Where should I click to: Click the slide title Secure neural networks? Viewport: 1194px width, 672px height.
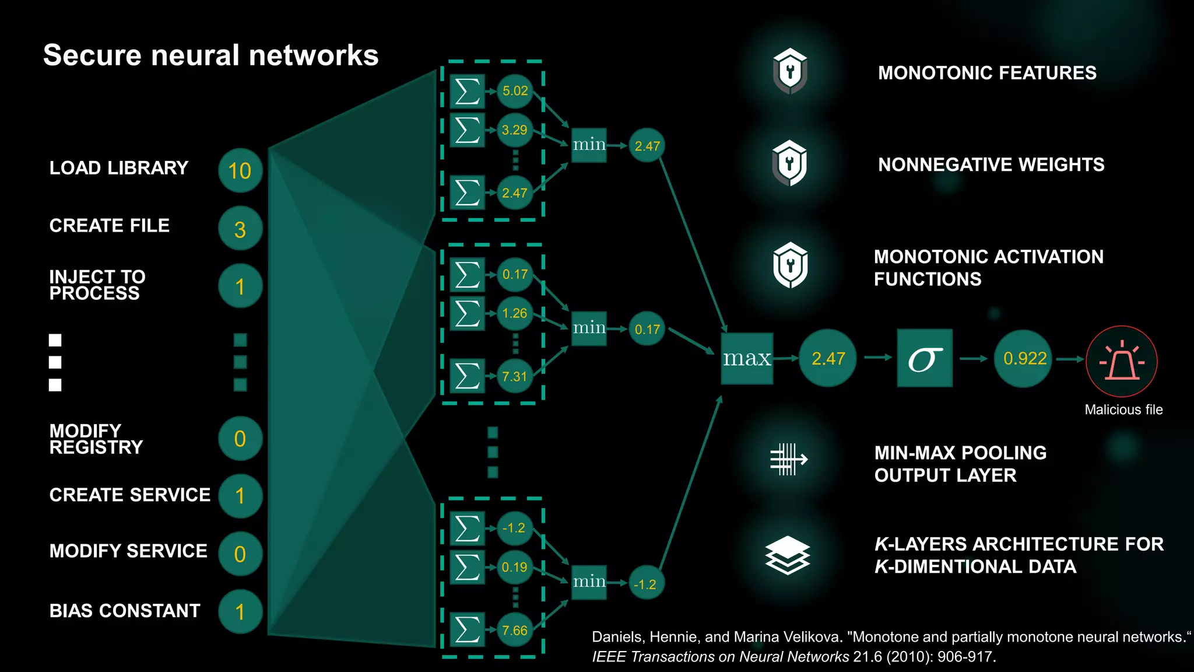click(210, 56)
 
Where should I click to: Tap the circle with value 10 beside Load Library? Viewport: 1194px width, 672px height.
click(240, 170)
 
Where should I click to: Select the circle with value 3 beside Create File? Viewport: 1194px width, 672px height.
click(240, 229)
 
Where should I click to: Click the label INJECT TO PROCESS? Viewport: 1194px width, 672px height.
click(97, 285)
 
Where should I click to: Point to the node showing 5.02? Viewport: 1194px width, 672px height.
click(515, 91)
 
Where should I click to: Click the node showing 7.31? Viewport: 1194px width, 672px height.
click(514, 376)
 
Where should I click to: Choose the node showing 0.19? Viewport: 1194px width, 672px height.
click(514, 567)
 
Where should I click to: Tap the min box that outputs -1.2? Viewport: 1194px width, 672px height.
click(589, 582)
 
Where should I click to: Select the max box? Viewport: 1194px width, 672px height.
click(747, 358)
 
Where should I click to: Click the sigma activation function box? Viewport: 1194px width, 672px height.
click(925, 358)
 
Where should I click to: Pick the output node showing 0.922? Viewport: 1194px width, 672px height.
click(1024, 358)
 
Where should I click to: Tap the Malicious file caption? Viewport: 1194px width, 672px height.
click(1123, 410)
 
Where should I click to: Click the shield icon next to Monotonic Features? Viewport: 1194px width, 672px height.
click(790, 71)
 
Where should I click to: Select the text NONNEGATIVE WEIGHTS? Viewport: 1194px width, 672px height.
click(991, 165)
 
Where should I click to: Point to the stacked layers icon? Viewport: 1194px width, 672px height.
click(787, 555)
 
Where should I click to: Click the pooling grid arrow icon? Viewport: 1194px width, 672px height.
click(788, 459)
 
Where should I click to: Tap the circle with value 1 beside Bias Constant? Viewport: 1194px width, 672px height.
click(240, 611)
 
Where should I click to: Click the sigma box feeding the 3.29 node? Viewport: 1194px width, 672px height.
click(468, 130)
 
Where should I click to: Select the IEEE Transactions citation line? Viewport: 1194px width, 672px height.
click(793, 657)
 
